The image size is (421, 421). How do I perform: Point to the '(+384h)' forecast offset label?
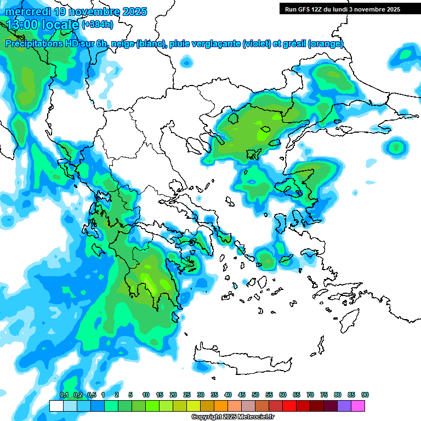(x=98, y=25)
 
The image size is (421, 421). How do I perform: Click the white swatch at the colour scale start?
(x=56, y=406)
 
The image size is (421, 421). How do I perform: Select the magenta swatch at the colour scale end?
(x=359, y=406)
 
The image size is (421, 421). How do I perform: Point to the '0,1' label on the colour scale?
(x=64, y=395)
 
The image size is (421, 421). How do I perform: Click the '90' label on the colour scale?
(x=365, y=395)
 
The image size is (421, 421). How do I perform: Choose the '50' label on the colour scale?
(x=255, y=395)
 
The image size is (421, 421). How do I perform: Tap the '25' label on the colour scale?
(x=187, y=395)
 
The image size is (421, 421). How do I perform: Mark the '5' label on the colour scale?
(x=130, y=395)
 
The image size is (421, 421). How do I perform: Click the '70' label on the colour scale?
(x=310, y=395)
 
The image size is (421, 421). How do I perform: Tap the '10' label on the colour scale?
(x=146, y=395)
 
